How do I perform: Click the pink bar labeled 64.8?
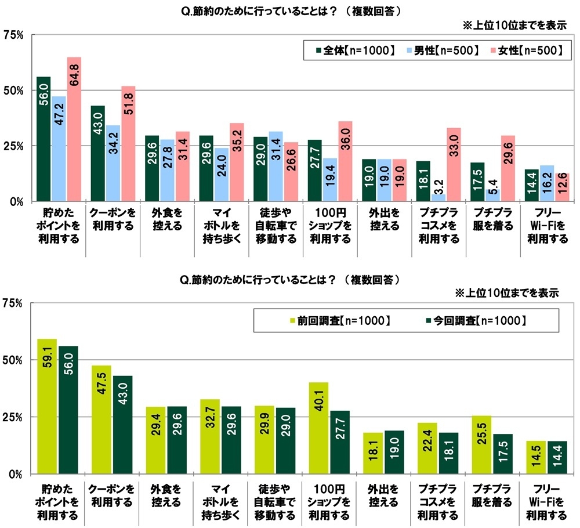pyautogui.click(x=74, y=129)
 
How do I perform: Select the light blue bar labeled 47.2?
pyautogui.click(x=59, y=149)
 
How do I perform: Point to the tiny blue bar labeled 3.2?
pyautogui.click(x=438, y=198)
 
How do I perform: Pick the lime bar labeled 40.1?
pyautogui.click(x=318, y=428)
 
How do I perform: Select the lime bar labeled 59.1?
pyautogui.click(x=47, y=406)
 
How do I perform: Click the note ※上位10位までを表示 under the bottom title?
pyautogui.click(x=509, y=294)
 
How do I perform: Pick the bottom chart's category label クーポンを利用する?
pyautogui.click(x=112, y=495)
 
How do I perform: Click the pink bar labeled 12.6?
pyautogui.click(x=563, y=187)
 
